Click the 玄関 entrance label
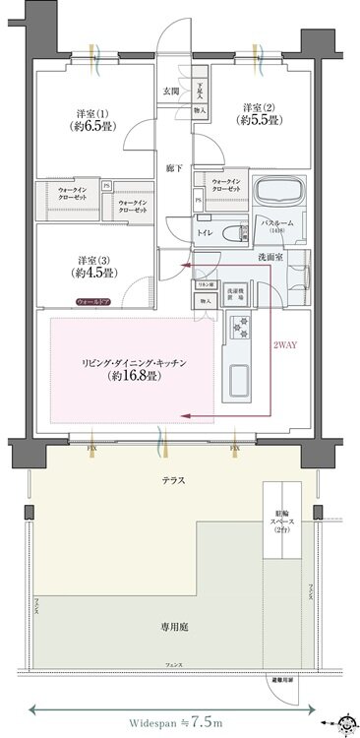point(170,92)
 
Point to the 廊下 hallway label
point(173,167)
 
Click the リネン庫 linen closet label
point(206,283)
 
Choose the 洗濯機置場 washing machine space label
point(235,292)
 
